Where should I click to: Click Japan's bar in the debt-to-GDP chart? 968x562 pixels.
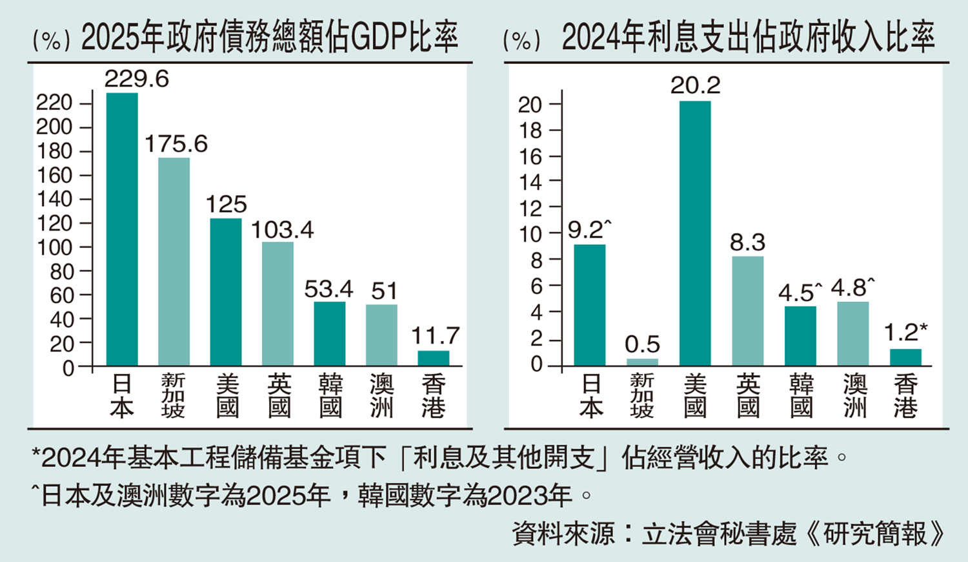pyautogui.click(x=122, y=229)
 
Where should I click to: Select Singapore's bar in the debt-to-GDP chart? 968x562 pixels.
pyautogui.click(x=174, y=262)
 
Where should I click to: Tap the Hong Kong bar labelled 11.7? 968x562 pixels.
pyautogui.click(x=433, y=359)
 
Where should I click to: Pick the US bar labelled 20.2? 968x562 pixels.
pyautogui.click(x=695, y=233)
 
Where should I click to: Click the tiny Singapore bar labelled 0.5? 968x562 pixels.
pyautogui.click(x=642, y=362)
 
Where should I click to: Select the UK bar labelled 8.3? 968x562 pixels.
pyautogui.click(x=747, y=311)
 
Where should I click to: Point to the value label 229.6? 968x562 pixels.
pyautogui.click(x=137, y=79)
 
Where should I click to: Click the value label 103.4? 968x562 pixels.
pyautogui.click(x=282, y=230)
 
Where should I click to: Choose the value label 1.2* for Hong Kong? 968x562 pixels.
pyautogui.click(x=905, y=333)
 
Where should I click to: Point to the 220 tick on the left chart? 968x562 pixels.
pyautogui.click(x=54, y=103)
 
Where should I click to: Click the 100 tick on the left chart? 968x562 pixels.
pyautogui.click(x=54, y=247)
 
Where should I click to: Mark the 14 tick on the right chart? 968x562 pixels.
pyautogui.click(x=531, y=182)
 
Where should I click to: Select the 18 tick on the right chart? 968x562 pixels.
pyautogui.click(x=531, y=130)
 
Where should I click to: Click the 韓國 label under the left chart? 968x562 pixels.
pyautogui.click(x=330, y=396)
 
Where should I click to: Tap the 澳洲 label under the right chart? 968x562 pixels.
pyautogui.click(x=854, y=396)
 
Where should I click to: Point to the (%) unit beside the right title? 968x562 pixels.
pyautogui.click(x=521, y=41)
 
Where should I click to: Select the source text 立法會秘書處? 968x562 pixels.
pyautogui.click(x=719, y=534)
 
